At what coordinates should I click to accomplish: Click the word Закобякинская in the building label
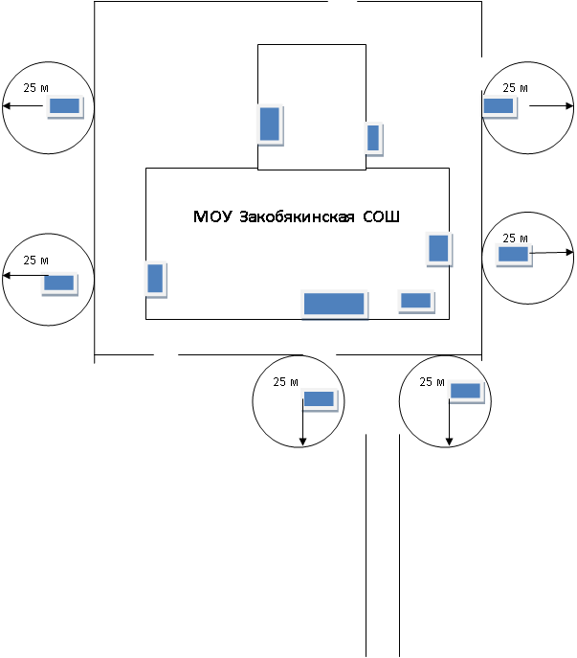click(x=297, y=217)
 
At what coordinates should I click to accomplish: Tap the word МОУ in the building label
click(x=212, y=216)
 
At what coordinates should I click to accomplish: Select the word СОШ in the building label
click(x=381, y=216)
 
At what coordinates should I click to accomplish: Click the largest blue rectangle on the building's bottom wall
click(x=334, y=304)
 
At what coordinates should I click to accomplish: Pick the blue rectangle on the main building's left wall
click(x=155, y=278)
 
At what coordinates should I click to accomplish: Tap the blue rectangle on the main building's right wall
click(x=438, y=248)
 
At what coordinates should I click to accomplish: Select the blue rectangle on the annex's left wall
click(x=270, y=125)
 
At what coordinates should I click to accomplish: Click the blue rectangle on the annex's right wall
click(x=373, y=138)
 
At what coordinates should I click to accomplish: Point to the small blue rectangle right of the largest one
click(x=415, y=301)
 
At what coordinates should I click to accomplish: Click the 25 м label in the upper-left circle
click(x=36, y=88)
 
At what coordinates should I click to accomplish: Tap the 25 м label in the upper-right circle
click(x=516, y=88)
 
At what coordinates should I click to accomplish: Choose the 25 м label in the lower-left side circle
click(x=36, y=261)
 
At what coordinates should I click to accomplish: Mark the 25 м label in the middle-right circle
click(x=516, y=238)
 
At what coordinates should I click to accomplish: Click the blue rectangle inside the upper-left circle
click(x=64, y=106)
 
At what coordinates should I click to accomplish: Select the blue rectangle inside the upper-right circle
click(x=499, y=106)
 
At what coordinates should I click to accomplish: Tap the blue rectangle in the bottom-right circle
click(x=465, y=391)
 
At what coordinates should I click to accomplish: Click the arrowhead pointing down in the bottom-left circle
click(x=302, y=442)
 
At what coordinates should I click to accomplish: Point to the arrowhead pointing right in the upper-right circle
click(x=570, y=105)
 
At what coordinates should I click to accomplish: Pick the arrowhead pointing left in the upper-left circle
click(x=7, y=105)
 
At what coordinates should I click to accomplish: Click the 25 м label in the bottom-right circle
click(x=432, y=382)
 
